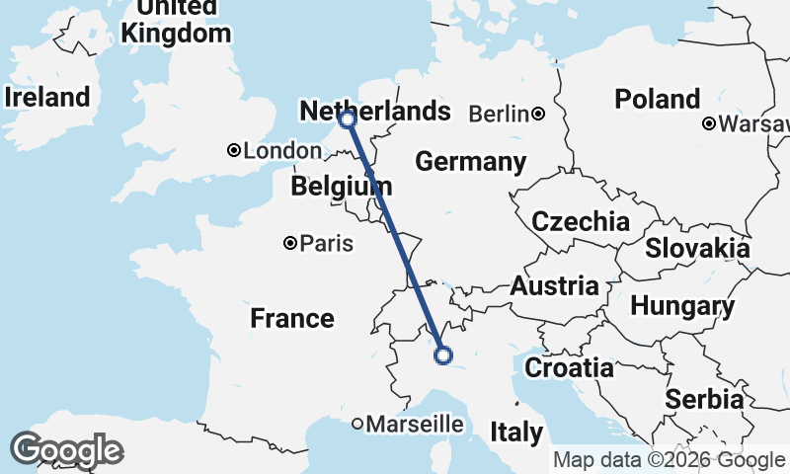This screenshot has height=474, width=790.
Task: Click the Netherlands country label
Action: (374, 111)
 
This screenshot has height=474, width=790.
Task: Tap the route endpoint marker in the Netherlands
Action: (347, 119)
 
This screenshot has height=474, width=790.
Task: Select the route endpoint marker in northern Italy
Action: (443, 355)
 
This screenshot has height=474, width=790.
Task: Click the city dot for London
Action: (234, 151)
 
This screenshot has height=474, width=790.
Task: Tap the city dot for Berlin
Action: (538, 115)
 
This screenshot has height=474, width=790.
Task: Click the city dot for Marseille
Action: (357, 425)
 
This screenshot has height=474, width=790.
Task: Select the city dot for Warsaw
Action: (709, 124)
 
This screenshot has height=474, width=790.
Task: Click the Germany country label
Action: (470, 162)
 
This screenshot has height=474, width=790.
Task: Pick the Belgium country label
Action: (342, 186)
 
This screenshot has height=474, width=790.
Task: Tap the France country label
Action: (291, 318)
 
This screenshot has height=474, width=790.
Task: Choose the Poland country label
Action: (657, 99)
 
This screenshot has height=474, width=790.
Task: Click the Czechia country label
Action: (581, 221)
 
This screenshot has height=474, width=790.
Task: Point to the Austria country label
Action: (555, 287)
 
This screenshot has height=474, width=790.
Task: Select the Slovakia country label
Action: (697, 248)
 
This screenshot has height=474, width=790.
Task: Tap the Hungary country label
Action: (682, 306)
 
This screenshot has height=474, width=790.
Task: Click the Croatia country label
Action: (569, 368)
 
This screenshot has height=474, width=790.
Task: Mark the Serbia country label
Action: (704, 399)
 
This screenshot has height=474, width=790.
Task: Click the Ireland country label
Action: (46, 97)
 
